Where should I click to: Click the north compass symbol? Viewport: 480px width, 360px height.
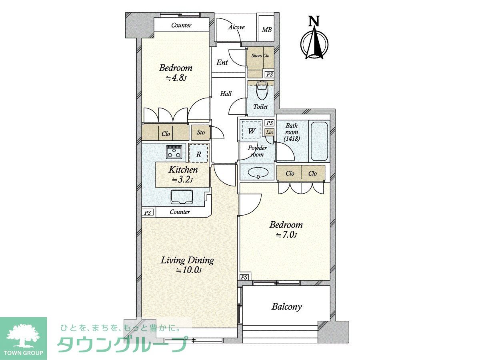pyautogui.click(x=314, y=38)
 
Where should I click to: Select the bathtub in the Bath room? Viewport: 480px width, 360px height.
pyautogui.click(x=319, y=141)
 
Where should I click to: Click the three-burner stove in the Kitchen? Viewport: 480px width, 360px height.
pyautogui.click(x=174, y=152)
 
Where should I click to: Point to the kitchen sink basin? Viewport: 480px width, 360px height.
pyautogui.click(x=182, y=197)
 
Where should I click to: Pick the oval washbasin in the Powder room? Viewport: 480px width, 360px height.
pyautogui.click(x=258, y=172)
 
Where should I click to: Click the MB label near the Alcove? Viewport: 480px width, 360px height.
pyautogui.click(x=267, y=30)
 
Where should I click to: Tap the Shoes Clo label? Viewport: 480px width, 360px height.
pyautogui.click(x=260, y=56)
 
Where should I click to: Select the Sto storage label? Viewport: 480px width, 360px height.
pyautogui.click(x=201, y=132)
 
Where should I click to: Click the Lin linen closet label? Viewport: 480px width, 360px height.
pyautogui.click(x=270, y=132)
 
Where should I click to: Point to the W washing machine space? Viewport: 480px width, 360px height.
pyautogui.click(x=252, y=131)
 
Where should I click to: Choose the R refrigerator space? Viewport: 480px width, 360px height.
pyautogui.click(x=198, y=154)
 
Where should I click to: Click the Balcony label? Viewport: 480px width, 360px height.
pyautogui.click(x=286, y=307)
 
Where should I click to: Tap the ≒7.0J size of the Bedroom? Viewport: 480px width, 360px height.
pyautogui.click(x=286, y=235)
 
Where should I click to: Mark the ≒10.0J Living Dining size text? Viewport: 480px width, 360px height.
pyautogui.click(x=189, y=271)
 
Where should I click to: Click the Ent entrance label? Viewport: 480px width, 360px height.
pyautogui.click(x=222, y=63)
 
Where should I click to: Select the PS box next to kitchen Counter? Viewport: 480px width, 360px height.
pyautogui.click(x=148, y=213)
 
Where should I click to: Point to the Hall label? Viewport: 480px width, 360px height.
pyautogui.click(x=226, y=94)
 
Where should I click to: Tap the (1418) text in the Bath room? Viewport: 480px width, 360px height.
pyautogui.click(x=292, y=138)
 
